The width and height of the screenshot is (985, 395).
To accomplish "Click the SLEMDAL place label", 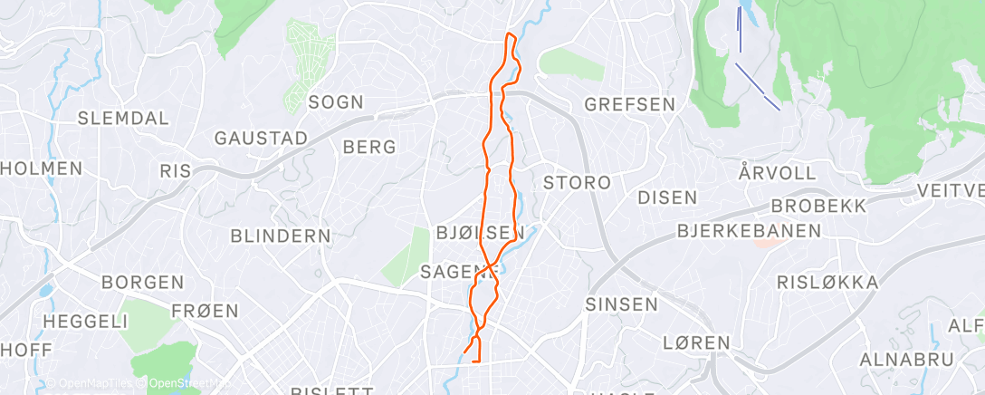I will [123, 118].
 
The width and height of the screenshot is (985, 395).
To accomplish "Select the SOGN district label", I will [336, 101].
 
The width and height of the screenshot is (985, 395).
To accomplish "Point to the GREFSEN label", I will [630, 104].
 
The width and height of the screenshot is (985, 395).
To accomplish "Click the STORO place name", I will [577, 182].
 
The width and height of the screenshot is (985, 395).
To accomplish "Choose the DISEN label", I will [667, 197].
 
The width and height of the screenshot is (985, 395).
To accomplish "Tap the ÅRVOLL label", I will [777, 172].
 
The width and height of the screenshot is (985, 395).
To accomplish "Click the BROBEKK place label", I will [818, 206].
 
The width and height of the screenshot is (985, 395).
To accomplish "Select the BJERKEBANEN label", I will [749, 231].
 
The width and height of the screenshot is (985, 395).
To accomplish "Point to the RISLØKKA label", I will [827, 283].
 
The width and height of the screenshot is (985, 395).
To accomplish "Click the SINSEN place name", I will [621, 304].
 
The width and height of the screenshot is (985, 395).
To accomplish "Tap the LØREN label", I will [696, 342].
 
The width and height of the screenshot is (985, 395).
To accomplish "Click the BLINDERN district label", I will [281, 236].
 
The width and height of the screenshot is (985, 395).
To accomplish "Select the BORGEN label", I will [143, 283].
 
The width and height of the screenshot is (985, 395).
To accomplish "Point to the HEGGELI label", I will [85, 321].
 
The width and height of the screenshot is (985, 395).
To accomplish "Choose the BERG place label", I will [369, 147].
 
